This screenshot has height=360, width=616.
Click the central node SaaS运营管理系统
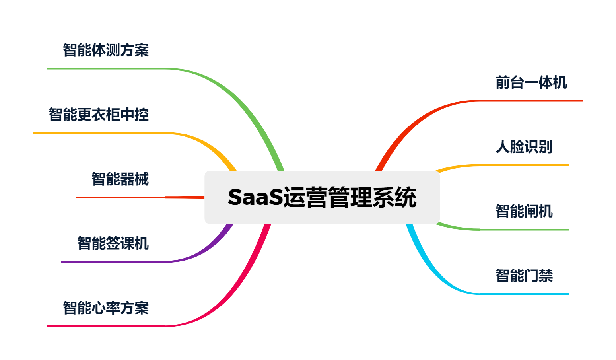pyautogui.click(x=322, y=197)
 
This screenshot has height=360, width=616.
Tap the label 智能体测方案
pyautogui.click(x=106, y=51)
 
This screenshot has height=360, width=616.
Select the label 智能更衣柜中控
pyautogui.click(x=99, y=115)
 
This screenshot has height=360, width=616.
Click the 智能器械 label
pyautogui.click(x=120, y=179)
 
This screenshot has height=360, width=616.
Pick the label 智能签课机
pyautogui.click(x=113, y=243)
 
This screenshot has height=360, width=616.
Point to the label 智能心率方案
pyautogui.click(x=106, y=308)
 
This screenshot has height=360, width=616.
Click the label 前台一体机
pyautogui.click(x=531, y=83)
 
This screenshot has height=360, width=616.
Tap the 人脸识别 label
pyautogui.click(x=524, y=147)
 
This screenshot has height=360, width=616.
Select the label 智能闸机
pyautogui.click(x=524, y=211)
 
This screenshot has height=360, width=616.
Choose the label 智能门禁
pyautogui.click(x=524, y=276)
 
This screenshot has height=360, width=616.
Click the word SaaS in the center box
pyautogui.click(x=255, y=197)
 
